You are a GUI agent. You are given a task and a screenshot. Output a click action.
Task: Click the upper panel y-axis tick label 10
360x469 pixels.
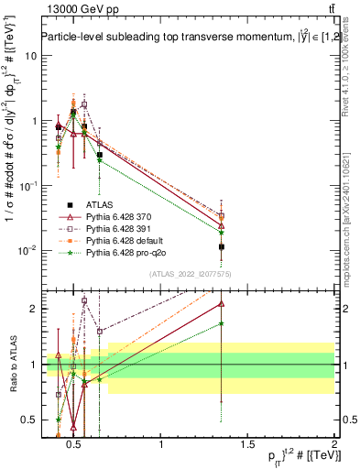tap(31, 55)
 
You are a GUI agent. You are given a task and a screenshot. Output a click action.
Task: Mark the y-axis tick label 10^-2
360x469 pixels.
tap(29, 250)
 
